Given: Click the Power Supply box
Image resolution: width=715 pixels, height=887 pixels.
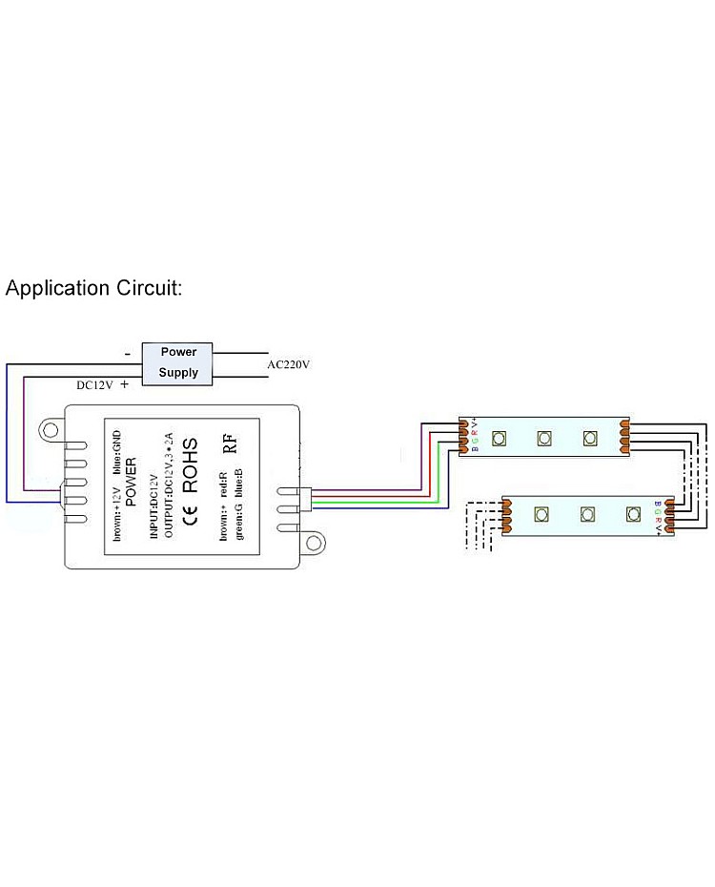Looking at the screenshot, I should tap(178, 362).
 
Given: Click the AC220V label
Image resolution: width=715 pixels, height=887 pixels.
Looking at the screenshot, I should tap(289, 364).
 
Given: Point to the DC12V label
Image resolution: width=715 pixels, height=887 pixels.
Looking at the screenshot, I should tap(95, 385).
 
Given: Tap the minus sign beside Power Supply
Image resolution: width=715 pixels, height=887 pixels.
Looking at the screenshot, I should tap(127, 353).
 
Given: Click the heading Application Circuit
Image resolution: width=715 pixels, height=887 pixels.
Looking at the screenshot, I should tap(93, 288).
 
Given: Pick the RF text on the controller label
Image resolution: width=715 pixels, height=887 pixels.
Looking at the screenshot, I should tap(229, 443).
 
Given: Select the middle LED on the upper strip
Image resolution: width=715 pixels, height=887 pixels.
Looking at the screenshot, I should tap(543, 438).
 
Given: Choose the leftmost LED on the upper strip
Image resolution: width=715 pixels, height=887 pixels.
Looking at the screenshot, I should tap(498, 438).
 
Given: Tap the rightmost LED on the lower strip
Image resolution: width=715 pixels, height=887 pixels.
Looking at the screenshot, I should tap(632, 515).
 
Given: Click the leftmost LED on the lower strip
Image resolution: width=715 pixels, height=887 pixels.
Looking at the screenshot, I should tap(541, 515).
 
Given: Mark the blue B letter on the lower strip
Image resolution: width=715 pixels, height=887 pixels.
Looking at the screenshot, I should tap(657, 504).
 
